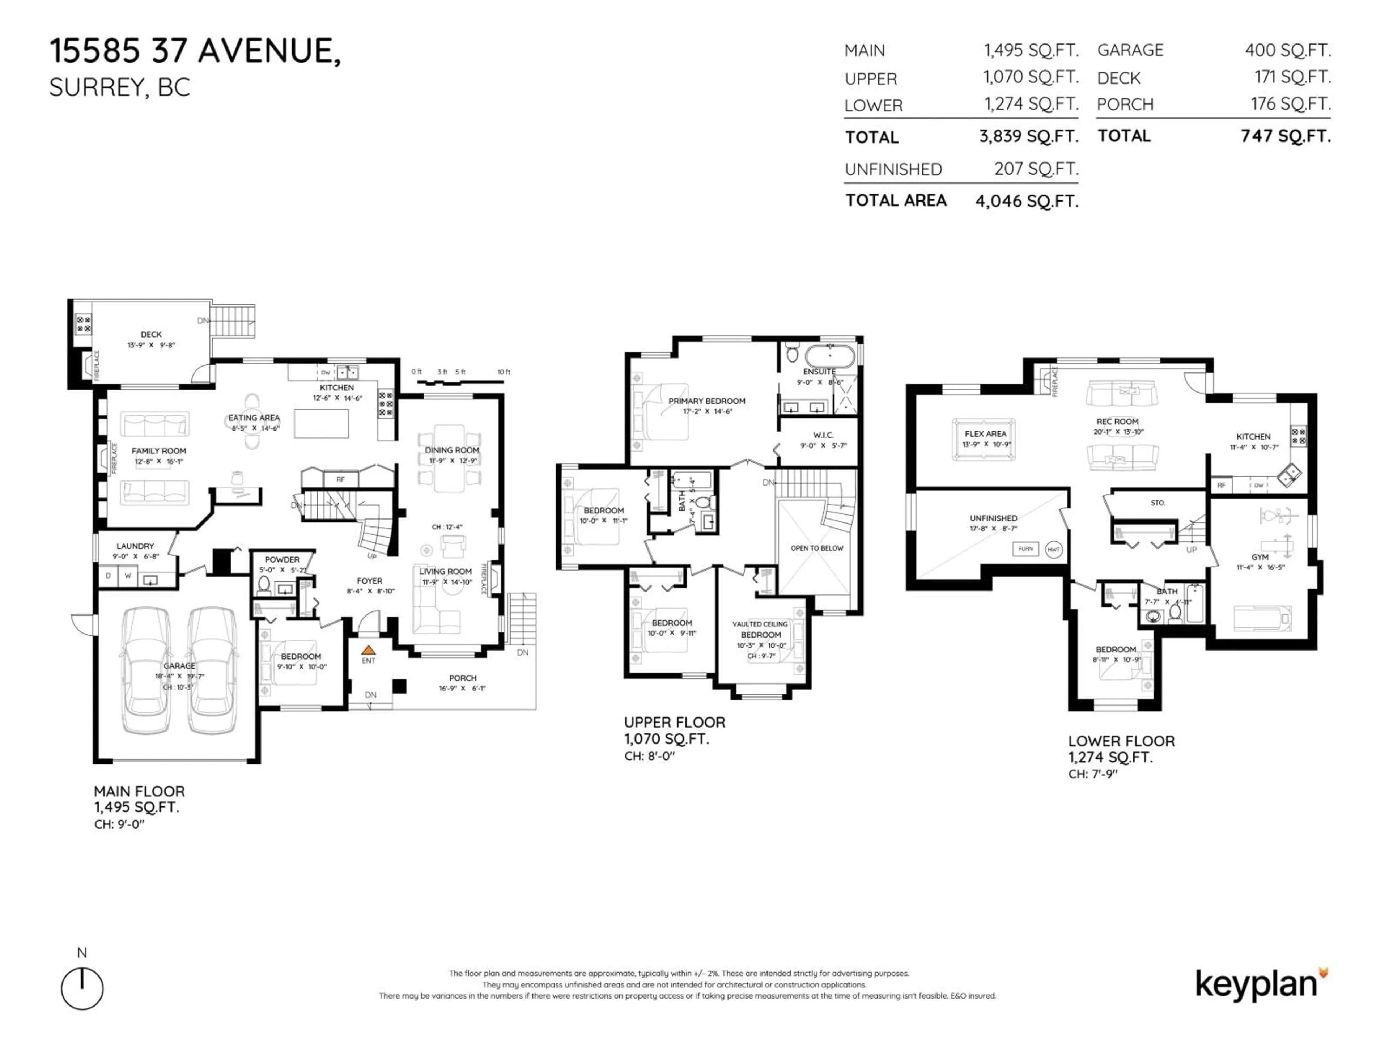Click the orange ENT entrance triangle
coord(369,650)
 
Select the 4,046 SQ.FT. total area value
coord(1027,201)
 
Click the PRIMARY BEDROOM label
coord(706,401)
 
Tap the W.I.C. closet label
coord(823,435)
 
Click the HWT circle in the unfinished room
coord(1053,550)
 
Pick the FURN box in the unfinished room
coord(1025,549)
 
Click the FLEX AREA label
coord(985,433)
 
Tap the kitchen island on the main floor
coord(322,423)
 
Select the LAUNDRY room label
coord(135,546)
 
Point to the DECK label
coord(151,335)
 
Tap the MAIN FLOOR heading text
coord(139,791)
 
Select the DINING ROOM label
coord(451,450)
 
